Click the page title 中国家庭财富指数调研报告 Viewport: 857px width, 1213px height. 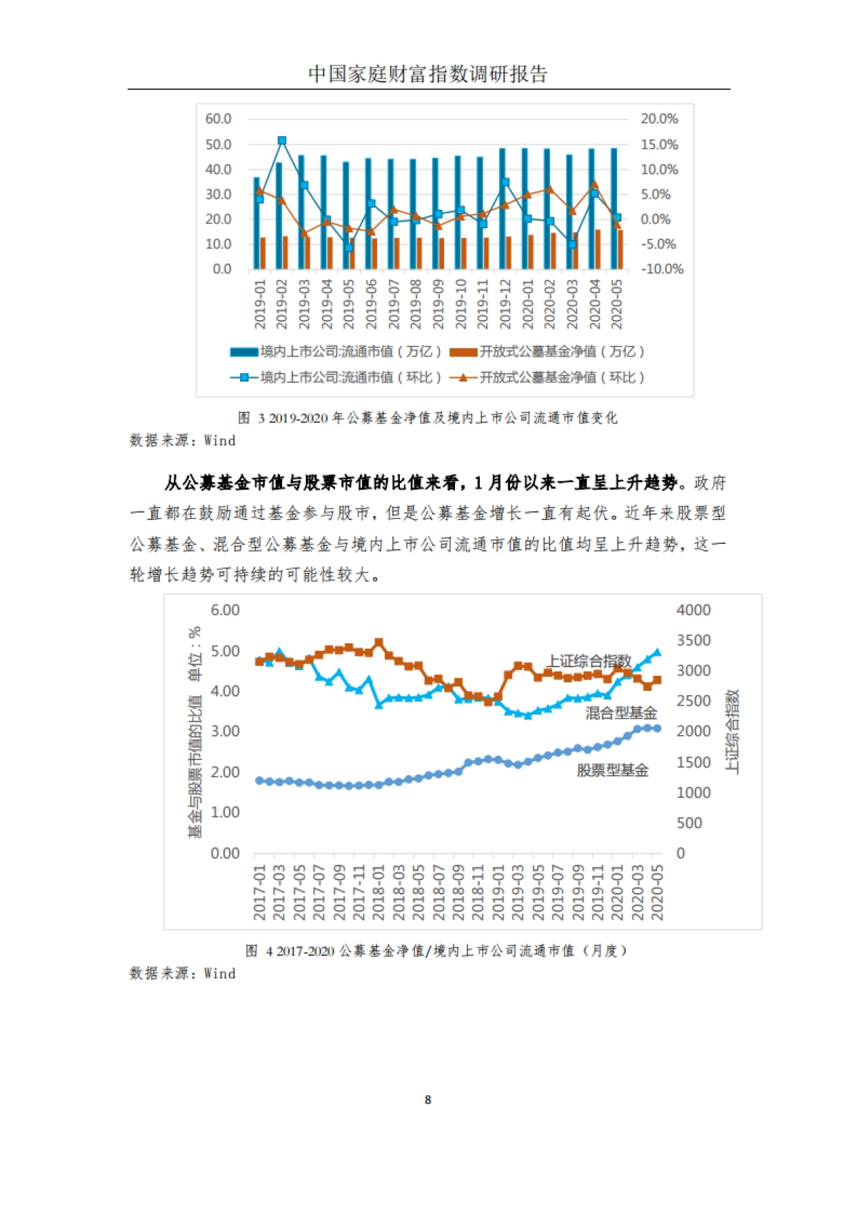coord(428,74)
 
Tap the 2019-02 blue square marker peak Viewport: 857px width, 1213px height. coord(282,141)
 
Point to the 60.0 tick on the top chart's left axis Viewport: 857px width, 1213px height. coord(219,119)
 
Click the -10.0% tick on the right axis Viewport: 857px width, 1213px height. coord(661,269)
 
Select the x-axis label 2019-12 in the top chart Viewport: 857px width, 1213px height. coord(506,304)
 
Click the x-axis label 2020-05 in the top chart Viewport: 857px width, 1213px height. coord(617,304)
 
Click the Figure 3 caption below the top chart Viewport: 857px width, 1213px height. coord(427,418)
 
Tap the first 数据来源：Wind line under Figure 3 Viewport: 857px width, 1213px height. coord(182,441)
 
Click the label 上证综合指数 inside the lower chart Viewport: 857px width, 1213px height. coord(589,661)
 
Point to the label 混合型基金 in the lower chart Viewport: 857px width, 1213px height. coord(621,713)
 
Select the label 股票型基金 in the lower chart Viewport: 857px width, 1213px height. coord(612,771)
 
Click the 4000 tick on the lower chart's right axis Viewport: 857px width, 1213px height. coord(693,610)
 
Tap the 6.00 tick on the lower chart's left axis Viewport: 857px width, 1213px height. coord(225,610)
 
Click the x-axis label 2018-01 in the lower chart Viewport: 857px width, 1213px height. coord(379,893)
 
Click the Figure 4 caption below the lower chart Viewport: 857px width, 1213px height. coord(436,951)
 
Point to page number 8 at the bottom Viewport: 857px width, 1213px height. coord(428,1099)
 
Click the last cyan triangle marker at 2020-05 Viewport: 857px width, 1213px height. coord(658,652)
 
